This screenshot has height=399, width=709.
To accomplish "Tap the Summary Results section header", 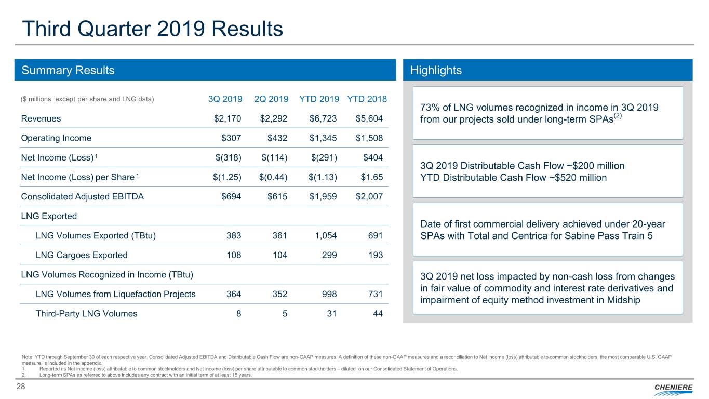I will [68, 70].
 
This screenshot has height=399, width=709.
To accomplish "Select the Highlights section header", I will [436, 70].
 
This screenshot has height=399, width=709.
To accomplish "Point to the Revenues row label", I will [41, 118].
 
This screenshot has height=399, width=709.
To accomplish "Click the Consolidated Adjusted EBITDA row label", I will [82, 197].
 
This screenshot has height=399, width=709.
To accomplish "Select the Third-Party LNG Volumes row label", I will [86, 313].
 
